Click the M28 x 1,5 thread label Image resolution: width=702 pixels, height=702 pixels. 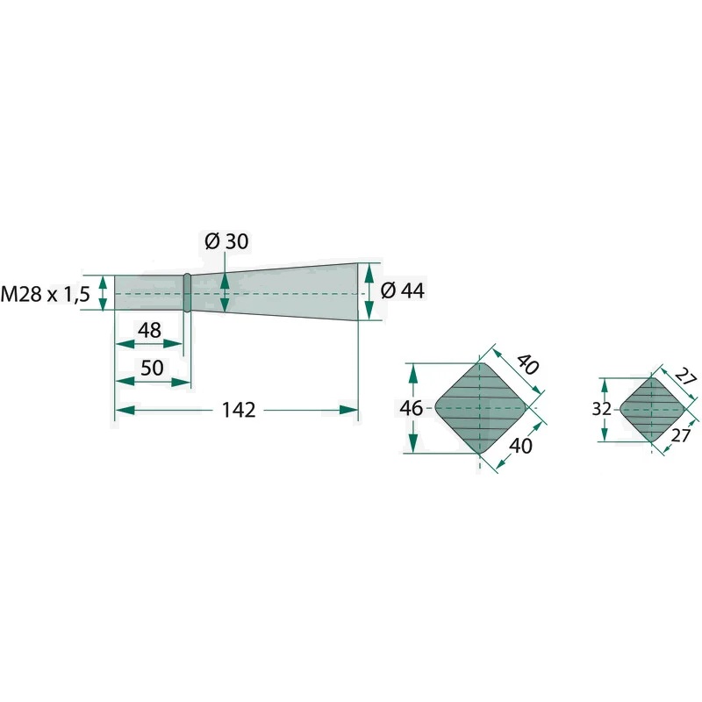tap(46, 294)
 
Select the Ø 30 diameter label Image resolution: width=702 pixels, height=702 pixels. tap(226, 241)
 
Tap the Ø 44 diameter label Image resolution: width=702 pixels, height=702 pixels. tap(403, 290)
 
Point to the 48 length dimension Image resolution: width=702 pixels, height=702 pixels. tap(149, 331)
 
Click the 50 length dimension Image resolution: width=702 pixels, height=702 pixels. tap(152, 368)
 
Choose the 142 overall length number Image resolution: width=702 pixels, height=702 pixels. tap(239, 410)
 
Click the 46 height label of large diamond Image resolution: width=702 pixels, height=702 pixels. tap(411, 408)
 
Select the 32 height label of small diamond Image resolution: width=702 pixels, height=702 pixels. tap(601, 409)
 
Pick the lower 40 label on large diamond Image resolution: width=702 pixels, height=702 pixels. tap(521, 446)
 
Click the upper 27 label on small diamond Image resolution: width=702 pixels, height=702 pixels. tap(686, 376)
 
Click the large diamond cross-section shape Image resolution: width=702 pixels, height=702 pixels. tap(480, 408)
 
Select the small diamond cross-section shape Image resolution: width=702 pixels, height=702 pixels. tap(652, 409)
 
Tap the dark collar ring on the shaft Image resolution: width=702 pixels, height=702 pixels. tap(187, 293)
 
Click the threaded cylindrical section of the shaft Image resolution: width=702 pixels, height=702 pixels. tap(149, 293)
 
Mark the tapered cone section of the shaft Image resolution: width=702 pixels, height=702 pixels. tap(274, 292)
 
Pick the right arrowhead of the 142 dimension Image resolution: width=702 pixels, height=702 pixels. tap(348, 410)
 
